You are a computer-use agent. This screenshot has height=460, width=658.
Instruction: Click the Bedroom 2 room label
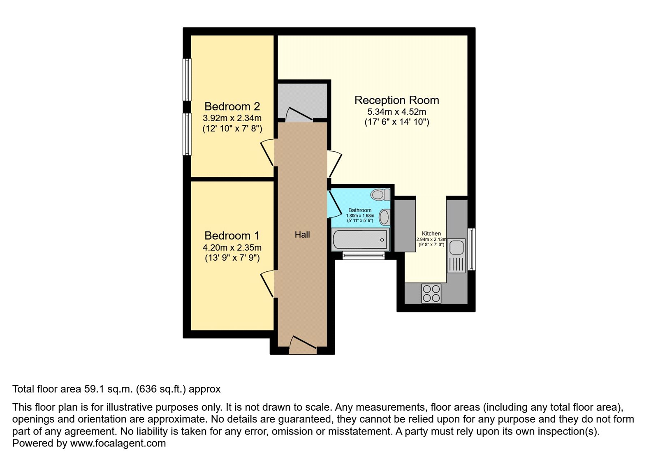click(x=232, y=106)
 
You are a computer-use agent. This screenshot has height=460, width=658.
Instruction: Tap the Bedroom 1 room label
click(x=232, y=236)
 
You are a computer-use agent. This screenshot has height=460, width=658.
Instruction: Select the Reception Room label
click(x=396, y=100)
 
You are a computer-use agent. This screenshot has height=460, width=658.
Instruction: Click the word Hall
click(x=302, y=235)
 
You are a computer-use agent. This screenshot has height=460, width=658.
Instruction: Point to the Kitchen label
click(x=431, y=233)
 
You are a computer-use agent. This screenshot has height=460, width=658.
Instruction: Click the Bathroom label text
click(x=360, y=210)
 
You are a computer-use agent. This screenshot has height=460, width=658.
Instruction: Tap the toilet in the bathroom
click(x=380, y=194)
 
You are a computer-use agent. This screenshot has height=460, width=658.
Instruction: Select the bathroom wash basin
click(x=384, y=217)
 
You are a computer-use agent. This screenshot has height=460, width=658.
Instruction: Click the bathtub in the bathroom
click(x=360, y=240)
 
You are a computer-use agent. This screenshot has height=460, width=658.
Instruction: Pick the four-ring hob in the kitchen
click(x=431, y=293)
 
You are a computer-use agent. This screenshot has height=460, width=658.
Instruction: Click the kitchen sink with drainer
click(x=456, y=256)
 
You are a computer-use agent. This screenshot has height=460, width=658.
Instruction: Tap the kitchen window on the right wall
click(x=471, y=249)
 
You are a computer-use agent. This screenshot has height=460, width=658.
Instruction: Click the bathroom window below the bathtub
click(x=364, y=256)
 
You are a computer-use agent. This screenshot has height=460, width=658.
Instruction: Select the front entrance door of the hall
click(x=303, y=345)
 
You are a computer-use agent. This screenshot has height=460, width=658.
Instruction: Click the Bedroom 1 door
click(x=268, y=284)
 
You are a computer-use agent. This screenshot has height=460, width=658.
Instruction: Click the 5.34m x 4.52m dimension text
click(x=396, y=112)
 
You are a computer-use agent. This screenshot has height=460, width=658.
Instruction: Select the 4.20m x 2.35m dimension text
click(x=232, y=247)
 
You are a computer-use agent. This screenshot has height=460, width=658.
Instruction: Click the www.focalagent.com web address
click(x=118, y=443)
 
